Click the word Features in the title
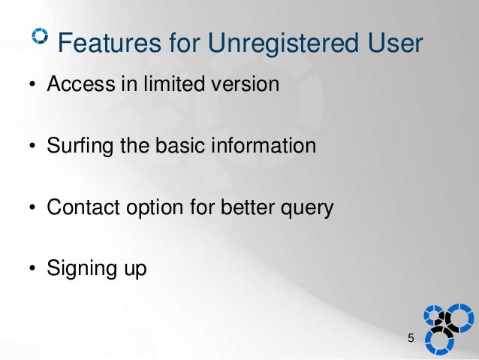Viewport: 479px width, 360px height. [x=109, y=42]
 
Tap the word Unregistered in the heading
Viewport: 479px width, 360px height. [x=283, y=44]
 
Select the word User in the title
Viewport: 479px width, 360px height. [x=395, y=42]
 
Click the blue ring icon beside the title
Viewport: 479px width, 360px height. [x=40, y=36]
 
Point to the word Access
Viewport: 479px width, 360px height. [x=81, y=83]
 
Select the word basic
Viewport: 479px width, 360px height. [x=180, y=144]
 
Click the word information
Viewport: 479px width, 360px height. [x=264, y=144]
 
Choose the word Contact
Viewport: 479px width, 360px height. [x=83, y=207]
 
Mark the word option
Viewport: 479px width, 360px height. [x=155, y=208]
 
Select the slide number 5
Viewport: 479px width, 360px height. [x=411, y=338]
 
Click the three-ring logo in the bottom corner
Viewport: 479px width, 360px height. [x=448, y=329]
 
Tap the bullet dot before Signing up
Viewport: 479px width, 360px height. [x=32, y=268]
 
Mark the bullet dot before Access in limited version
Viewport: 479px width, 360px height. [x=32, y=84]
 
